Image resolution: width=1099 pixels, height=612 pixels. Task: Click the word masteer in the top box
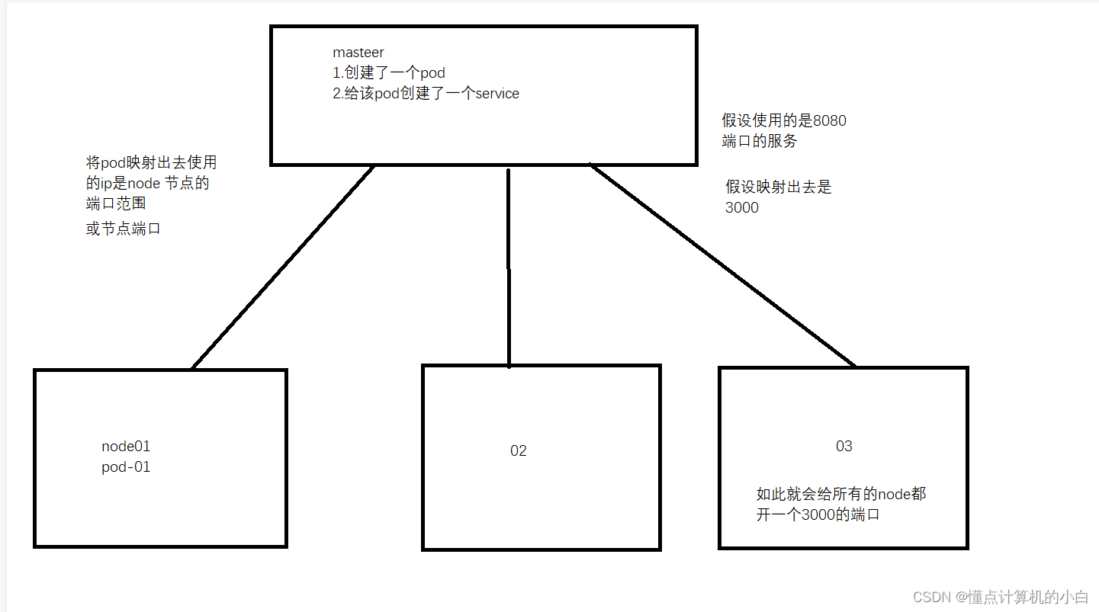(358, 53)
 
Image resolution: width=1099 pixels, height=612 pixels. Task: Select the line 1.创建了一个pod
(389, 73)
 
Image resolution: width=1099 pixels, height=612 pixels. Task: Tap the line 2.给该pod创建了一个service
(426, 94)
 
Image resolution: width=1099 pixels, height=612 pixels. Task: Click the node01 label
(126, 447)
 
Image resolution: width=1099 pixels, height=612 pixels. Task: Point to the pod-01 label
(126, 467)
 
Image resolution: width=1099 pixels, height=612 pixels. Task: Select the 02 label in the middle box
(519, 451)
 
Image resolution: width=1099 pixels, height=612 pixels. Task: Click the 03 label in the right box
(844, 447)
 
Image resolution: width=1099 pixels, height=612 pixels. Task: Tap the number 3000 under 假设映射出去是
(742, 207)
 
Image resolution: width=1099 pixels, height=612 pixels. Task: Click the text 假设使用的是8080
(784, 120)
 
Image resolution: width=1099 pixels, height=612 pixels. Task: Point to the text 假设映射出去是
(779, 187)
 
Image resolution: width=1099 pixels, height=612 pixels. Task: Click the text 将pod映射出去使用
(151, 162)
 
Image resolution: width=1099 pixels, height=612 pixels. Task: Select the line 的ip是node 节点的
(147, 183)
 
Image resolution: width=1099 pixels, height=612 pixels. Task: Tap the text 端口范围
(116, 203)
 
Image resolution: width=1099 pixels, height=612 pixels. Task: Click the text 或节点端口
(124, 229)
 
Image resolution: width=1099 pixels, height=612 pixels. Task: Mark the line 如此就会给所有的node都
(841, 494)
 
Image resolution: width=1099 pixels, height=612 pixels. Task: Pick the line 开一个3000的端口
(818, 514)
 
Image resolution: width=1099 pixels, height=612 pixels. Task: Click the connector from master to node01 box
(282, 267)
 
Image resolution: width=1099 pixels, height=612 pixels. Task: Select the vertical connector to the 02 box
(509, 267)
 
